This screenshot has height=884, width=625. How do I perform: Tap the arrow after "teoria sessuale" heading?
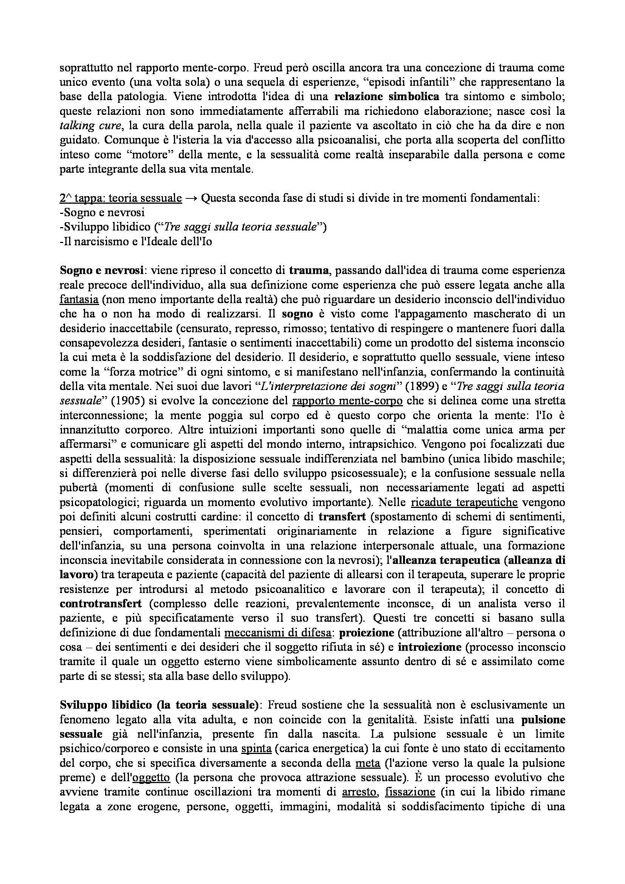point(191,198)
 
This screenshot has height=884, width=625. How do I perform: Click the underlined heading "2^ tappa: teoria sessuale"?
point(121,198)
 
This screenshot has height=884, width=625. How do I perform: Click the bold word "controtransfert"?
point(101,603)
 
